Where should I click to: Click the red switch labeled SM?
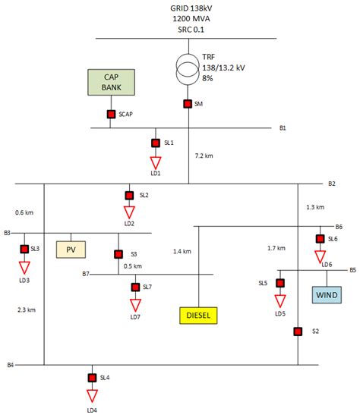(x=188, y=104)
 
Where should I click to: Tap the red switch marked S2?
(x=297, y=331)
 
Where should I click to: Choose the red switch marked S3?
(x=118, y=254)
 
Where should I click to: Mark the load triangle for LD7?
(x=135, y=305)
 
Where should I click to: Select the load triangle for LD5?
(x=280, y=300)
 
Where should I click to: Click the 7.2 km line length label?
(x=204, y=155)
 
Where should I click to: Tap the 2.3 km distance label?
(x=27, y=309)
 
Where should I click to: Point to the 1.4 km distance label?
(x=182, y=251)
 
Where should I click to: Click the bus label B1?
(x=283, y=128)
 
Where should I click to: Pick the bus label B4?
(x=11, y=366)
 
